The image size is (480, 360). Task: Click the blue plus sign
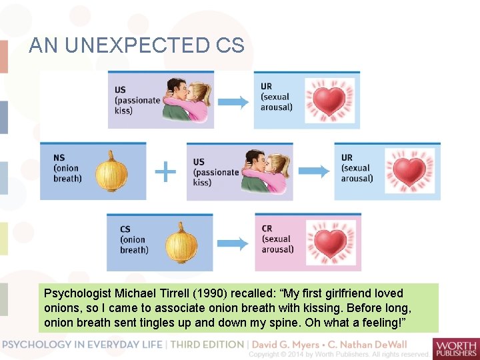point(165,172)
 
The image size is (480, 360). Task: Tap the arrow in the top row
point(233,101)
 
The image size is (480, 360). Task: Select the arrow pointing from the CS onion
point(233,243)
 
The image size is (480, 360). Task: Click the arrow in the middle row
point(314,171)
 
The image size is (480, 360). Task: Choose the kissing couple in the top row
point(180,99)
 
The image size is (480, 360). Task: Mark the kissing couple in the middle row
point(265,171)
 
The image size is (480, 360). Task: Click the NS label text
point(59,158)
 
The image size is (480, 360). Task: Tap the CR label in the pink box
point(267,229)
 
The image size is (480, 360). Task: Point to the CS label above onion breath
point(125,229)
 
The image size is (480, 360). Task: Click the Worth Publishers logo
point(455,347)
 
